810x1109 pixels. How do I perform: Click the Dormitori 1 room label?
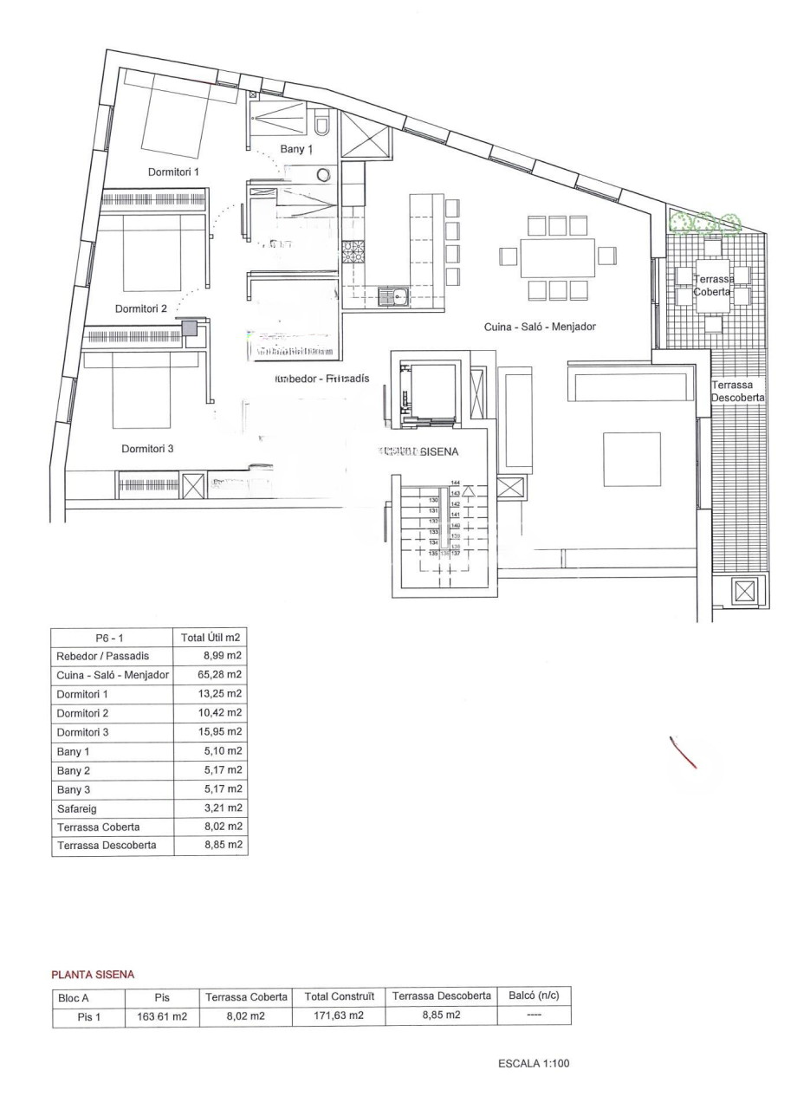click(x=173, y=172)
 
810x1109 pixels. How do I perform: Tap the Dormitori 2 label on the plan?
click(x=141, y=308)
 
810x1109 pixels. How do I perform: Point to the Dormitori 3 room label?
click(x=147, y=448)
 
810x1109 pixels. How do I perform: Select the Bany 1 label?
click(x=295, y=150)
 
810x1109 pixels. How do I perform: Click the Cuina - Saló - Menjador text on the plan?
click(x=540, y=327)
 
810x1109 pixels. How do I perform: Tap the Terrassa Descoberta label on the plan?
click(x=737, y=391)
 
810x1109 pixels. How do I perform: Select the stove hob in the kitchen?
click(x=353, y=252)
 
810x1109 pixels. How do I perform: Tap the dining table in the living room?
click(x=558, y=257)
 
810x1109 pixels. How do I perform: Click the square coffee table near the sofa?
click(x=632, y=459)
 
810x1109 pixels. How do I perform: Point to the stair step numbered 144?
click(x=455, y=483)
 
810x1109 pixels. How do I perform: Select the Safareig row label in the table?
click(x=76, y=807)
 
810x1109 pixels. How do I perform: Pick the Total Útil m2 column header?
click(x=211, y=637)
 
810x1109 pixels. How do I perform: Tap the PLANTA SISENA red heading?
click(x=93, y=975)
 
